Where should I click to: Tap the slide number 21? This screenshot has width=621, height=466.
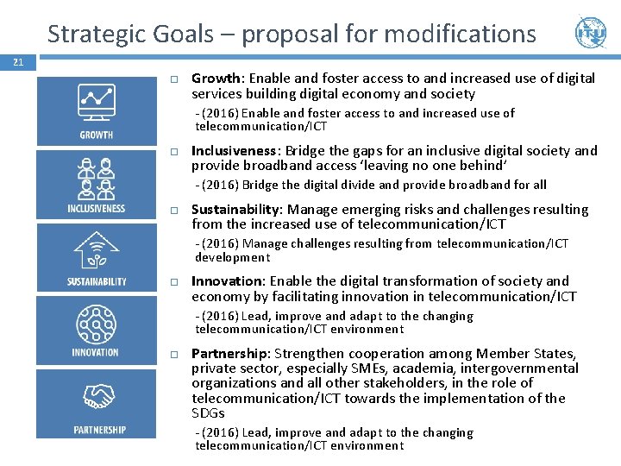[18, 62]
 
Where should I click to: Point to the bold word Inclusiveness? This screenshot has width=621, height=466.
[235, 151]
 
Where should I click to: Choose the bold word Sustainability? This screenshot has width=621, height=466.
[235, 210]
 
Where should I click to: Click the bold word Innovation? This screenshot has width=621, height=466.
[228, 281]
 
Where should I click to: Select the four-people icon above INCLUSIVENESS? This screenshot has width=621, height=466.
[96, 178]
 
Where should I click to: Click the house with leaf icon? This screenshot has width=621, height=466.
[97, 251]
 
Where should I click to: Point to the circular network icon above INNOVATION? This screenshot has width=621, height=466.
[96, 324]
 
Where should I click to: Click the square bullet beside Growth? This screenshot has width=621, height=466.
[173, 79]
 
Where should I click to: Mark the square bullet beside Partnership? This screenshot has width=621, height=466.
[173, 355]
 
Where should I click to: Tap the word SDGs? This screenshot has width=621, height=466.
[208, 413]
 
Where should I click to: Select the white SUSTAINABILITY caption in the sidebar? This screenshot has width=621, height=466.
[97, 281]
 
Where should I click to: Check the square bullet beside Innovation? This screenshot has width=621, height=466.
[173, 282]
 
